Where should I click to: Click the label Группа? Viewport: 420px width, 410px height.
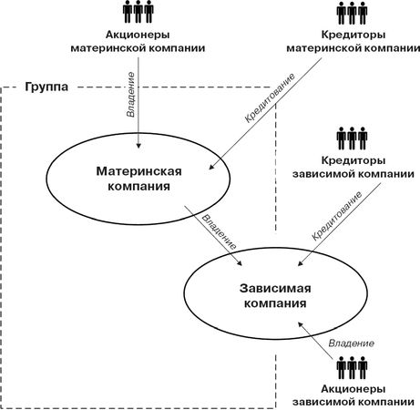click(x=46, y=87)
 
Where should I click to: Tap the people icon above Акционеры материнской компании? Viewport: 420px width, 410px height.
click(x=138, y=12)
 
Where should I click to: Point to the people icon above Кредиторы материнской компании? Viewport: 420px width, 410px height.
click(x=352, y=13)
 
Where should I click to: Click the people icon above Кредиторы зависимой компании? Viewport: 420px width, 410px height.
click(x=352, y=138)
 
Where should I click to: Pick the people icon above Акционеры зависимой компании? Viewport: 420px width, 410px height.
click(x=352, y=368)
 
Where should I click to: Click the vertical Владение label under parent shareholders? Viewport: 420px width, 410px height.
click(x=130, y=95)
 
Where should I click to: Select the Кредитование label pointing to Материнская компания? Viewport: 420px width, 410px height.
click(x=270, y=97)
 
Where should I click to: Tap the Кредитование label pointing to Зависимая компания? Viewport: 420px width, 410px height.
click(x=337, y=216)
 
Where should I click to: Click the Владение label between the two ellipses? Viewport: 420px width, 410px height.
click(x=220, y=232)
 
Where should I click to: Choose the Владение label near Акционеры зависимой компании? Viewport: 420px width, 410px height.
click(x=352, y=343)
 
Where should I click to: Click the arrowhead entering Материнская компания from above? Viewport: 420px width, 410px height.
click(x=138, y=145)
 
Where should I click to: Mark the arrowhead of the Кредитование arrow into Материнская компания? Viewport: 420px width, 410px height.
click(x=211, y=167)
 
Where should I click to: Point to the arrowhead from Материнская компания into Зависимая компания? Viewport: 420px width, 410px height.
click(x=240, y=263)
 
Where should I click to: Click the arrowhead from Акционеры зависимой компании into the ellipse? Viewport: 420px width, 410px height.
click(x=301, y=324)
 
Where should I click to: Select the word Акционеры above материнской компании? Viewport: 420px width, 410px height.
click(x=138, y=35)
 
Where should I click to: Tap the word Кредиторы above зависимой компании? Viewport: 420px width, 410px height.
click(x=353, y=160)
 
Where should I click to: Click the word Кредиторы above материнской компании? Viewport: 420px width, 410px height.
click(x=353, y=35)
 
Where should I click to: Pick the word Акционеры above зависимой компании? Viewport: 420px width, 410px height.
click(x=353, y=389)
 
